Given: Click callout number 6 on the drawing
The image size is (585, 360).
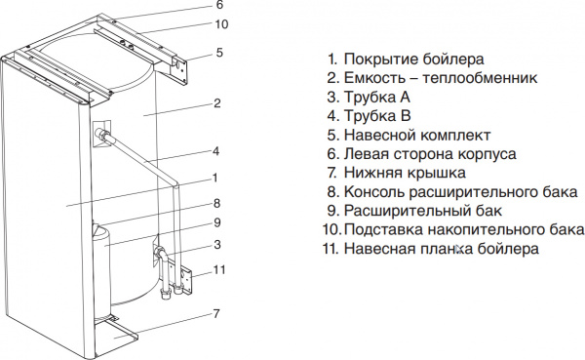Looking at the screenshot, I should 220,6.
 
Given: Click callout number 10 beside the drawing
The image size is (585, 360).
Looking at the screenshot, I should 221,23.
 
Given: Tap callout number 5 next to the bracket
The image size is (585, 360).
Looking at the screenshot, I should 220,53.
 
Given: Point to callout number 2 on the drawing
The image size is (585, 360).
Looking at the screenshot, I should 217,102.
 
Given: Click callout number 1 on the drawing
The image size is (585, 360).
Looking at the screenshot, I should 214,178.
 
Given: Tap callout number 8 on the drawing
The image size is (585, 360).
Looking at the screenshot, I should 217,204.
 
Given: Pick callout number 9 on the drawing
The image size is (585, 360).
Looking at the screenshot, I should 217,223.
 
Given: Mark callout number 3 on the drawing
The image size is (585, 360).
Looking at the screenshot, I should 217,245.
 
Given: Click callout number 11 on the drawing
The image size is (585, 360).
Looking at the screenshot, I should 219,269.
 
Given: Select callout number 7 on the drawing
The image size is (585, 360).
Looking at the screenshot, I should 216,313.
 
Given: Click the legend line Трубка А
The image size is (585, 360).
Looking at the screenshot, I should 375,98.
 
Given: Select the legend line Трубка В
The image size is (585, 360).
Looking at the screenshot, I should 375,116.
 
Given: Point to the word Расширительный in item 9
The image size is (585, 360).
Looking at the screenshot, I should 402,211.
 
